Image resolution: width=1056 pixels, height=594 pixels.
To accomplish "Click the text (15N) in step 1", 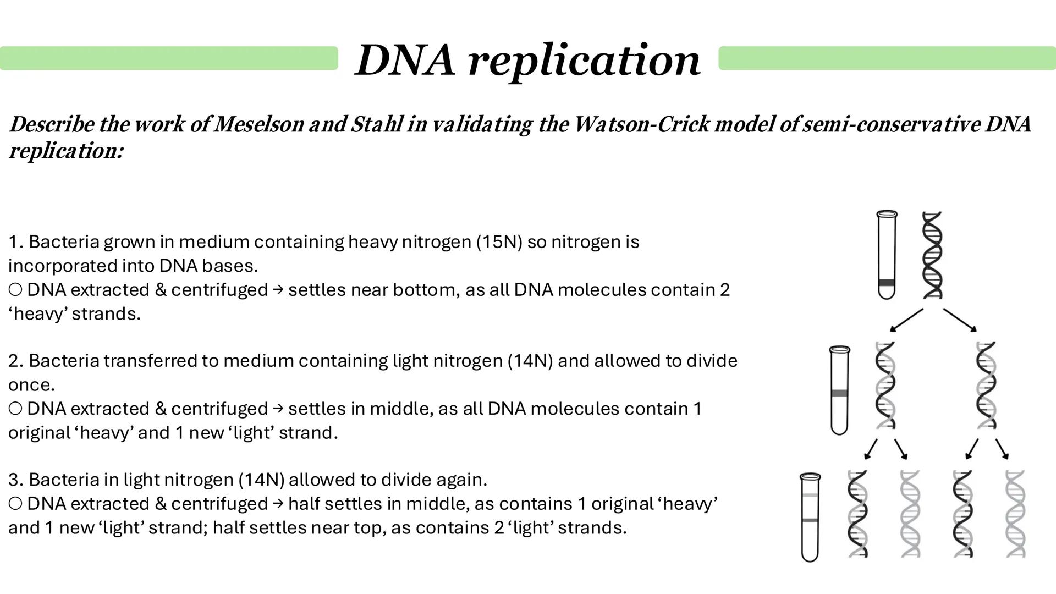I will [x=499, y=242].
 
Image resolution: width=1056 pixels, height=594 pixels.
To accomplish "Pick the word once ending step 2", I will [x=31, y=385].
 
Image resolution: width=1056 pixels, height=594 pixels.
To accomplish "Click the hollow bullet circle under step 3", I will [x=15, y=504].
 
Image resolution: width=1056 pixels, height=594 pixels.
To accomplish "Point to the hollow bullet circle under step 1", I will [x=15, y=290].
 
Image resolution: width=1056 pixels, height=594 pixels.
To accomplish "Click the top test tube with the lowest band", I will [x=886, y=255].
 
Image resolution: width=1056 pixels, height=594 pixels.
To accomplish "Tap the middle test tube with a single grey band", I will [x=839, y=390].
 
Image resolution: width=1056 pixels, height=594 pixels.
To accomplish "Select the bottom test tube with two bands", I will [x=810, y=517].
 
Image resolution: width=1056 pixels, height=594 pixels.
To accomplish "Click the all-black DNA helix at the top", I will [x=932, y=255].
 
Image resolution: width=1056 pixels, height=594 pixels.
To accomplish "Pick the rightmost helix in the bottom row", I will [x=1015, y=514].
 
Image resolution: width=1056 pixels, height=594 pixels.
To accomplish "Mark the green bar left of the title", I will [x=169, y=58].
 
